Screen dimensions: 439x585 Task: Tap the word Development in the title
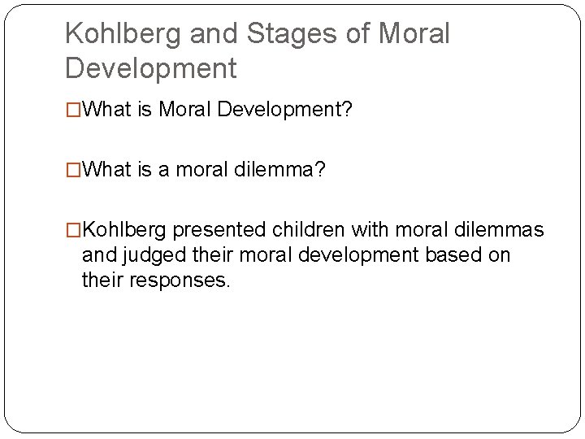pyautogui.click(x=150, y=67)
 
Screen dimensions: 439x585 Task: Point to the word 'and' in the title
pyautogui.click(x=214, y=34)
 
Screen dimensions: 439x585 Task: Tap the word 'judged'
pyautogui.click(x=158, y=255)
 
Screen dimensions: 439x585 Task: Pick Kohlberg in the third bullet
pyautogui.click(x=126, y=230)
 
